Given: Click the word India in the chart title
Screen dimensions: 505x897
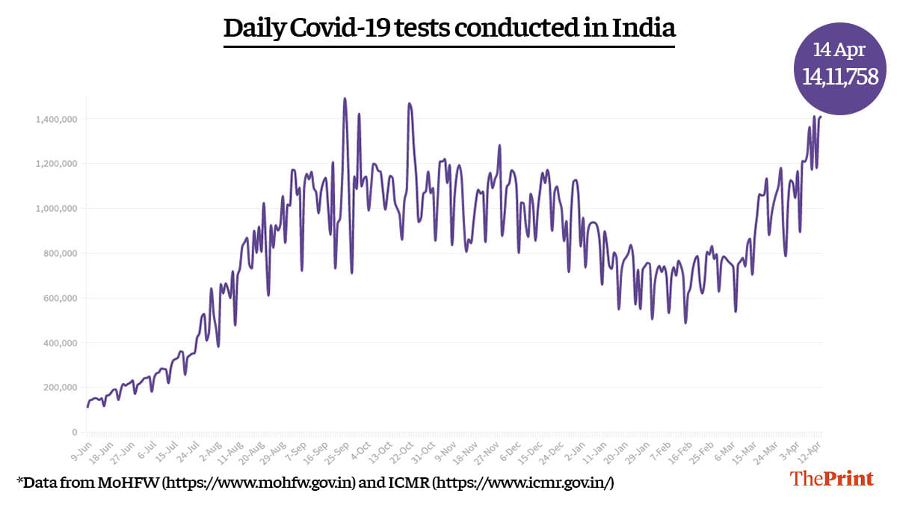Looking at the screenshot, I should (644, 28).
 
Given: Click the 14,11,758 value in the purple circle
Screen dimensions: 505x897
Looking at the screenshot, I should (840, 76).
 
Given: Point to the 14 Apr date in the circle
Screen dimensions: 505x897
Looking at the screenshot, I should (839, 50).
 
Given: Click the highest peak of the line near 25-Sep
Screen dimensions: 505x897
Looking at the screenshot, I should (345, 98).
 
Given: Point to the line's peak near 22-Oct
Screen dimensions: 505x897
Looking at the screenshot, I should (409, 104).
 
